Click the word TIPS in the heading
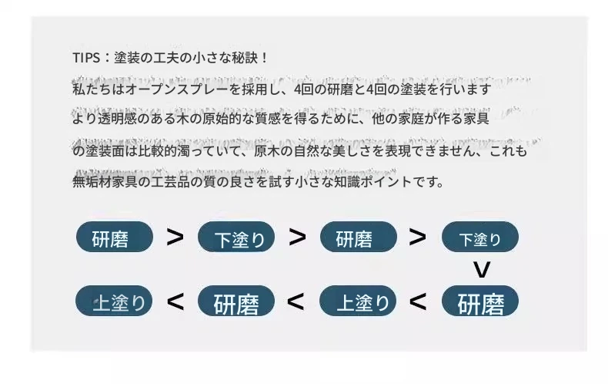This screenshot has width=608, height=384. tap(86, 58)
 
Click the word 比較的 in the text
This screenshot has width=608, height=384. tap(158, 150)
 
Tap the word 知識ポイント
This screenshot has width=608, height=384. tap(372, 181)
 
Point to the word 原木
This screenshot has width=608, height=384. tap(267, 150)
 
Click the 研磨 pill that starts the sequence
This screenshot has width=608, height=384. tap(115, 237)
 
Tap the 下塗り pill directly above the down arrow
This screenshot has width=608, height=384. tap(480, 237)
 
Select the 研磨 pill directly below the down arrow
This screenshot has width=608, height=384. tap(480, 301)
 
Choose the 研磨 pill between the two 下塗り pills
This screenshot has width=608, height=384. tap(359, 237)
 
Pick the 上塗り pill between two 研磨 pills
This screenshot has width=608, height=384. tap(358, 301)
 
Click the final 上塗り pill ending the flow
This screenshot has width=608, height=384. tap(114, 301)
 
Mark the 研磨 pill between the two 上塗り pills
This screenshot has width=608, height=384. tap(236, 301)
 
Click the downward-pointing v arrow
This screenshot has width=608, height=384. tap(482, 269)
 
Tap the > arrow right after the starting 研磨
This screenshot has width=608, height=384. tap(175, 237)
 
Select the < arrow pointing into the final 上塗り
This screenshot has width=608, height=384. tap(175, 301)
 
